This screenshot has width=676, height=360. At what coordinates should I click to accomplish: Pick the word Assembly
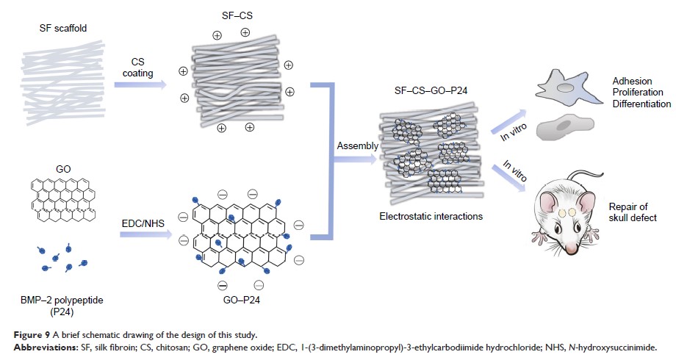[x=357, y=145]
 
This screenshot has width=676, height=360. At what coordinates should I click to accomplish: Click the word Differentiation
[x=641, y=104]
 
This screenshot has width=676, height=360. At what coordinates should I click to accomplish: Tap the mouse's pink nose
[x=538, y=237]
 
